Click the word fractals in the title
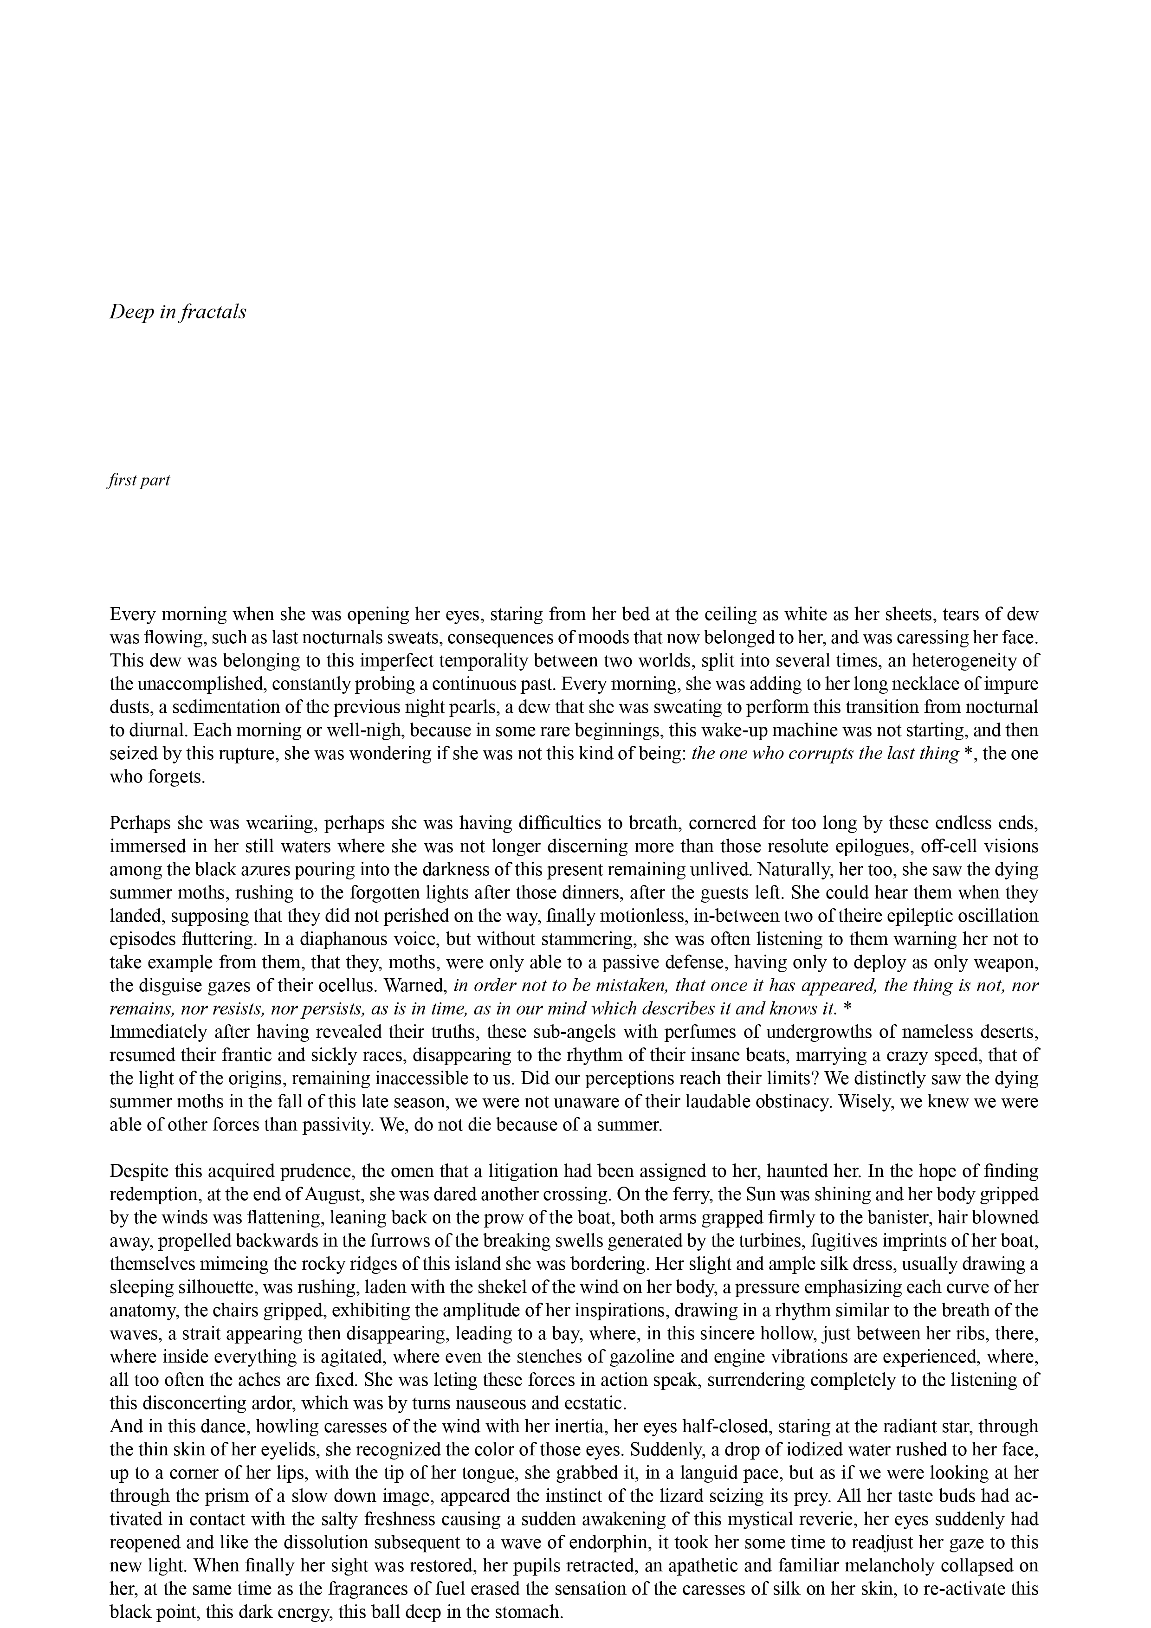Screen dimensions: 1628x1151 213,312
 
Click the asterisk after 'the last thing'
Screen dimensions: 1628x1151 969,754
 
